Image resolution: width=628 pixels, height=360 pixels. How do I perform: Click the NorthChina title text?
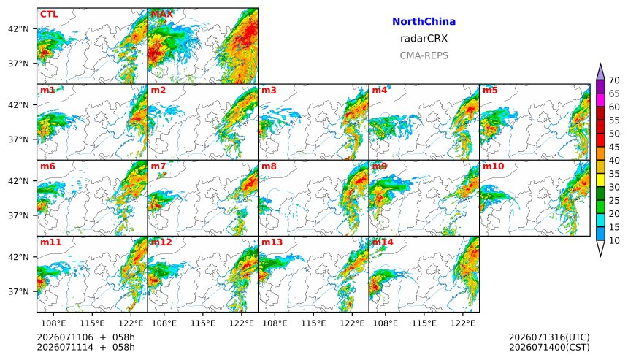tap(424, 22)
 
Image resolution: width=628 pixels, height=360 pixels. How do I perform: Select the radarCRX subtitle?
tap(424, 39)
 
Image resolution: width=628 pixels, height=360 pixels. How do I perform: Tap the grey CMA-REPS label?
tap(424, 55)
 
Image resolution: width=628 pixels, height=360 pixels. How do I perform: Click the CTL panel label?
tap(49, 14)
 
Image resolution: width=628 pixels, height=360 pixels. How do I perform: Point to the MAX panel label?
tap(162, 14)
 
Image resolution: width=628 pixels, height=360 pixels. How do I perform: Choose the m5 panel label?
tap(490, 90)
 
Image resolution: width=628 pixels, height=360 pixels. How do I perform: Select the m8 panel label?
tap(269, 166)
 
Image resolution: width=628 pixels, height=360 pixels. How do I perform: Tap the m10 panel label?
tap(493, 166)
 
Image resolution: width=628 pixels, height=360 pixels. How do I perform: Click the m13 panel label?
tap(272, 242)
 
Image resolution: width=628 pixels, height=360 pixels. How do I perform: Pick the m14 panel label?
tap(383, 242)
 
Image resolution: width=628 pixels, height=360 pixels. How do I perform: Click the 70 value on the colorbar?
tap(614, 80)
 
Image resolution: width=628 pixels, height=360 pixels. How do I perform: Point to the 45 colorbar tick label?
tap(614, 147)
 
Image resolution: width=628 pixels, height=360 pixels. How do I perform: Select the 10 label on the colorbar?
tap(614, 241)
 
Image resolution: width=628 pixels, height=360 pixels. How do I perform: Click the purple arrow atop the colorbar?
tap(600, 72)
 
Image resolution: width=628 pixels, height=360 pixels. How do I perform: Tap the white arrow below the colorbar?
tap(600, 248)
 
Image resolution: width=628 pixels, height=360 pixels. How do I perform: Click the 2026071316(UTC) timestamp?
tap(549, 337)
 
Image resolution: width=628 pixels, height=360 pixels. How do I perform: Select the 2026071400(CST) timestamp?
tap(549, 347)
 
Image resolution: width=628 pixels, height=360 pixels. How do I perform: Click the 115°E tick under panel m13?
tap(313, 323)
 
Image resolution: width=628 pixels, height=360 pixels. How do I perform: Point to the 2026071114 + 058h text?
tap(85, 347)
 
